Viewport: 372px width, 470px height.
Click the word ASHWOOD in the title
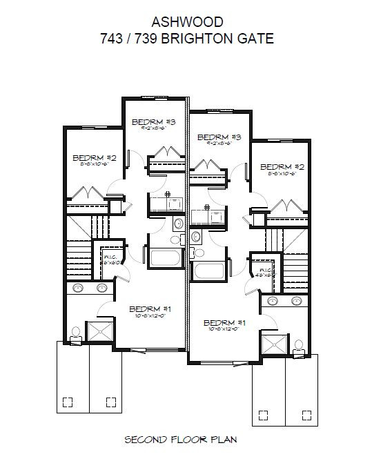186,23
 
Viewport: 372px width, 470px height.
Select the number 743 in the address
112,39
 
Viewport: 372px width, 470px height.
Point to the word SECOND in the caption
144,438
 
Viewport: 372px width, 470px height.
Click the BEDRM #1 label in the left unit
150,308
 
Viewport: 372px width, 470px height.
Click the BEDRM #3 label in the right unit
218,137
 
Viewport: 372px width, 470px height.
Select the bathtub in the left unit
164,257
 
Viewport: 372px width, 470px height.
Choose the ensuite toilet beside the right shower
300,346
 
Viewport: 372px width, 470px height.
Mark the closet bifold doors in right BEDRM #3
209,166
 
